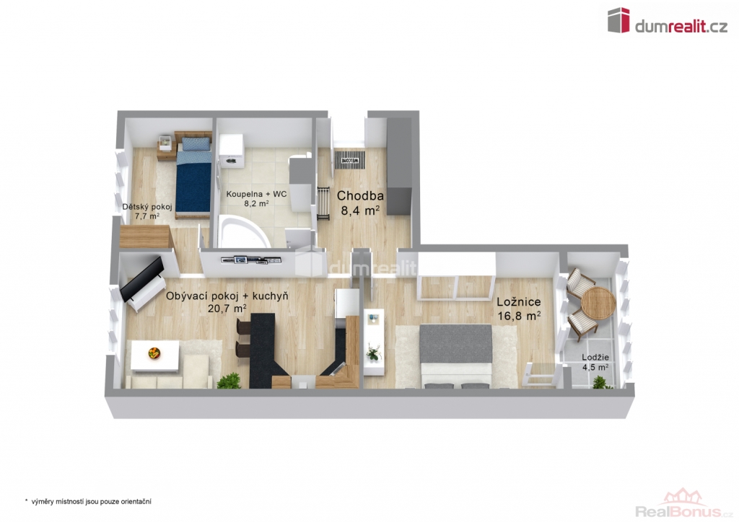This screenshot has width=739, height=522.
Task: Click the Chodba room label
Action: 360,195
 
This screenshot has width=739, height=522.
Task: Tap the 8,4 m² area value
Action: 360,211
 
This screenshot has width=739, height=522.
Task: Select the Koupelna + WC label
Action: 256,194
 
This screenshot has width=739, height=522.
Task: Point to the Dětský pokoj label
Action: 147,207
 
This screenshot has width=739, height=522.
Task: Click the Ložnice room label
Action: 519,302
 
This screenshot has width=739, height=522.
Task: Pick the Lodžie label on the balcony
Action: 595,358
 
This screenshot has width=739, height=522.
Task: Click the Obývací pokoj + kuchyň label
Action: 227,296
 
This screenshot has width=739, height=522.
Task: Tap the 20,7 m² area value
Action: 227,309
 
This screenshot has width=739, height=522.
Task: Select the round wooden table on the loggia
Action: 598,304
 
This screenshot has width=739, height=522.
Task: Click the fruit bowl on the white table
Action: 154,353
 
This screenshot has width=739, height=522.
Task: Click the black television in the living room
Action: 142,278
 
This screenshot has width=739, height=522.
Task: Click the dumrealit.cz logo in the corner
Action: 668,21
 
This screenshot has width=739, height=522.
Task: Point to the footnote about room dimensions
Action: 87,502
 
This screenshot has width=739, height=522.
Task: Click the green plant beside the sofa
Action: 229,380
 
